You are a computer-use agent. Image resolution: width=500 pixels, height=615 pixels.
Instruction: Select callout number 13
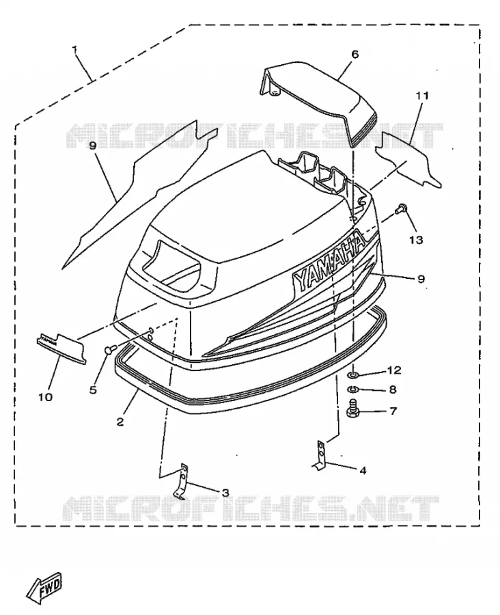[x=417, y=239]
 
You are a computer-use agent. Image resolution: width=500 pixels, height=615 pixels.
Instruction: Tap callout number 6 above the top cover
[x=355, y=54]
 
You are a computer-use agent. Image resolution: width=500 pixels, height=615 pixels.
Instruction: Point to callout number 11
[x=422, y=95]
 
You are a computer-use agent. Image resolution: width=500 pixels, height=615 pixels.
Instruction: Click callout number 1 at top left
[x=74, y=49]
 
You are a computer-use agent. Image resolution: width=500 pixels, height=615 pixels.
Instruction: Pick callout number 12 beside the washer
[x=394, y=370]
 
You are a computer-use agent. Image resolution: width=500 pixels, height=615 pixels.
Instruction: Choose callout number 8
[x=393, y=389]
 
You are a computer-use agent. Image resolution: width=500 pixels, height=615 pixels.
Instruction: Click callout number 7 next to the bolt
[x=393, y=411]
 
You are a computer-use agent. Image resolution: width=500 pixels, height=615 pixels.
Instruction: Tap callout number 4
[x=363, y=470]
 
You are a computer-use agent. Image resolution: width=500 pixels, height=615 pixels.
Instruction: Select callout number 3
[x=225, y=493]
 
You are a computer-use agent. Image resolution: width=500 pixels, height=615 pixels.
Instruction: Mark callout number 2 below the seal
[x=120, y=422]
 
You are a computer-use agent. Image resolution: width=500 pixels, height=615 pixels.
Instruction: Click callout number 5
[x=93, y=390]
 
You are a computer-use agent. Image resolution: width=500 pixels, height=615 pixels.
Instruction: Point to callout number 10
[x=46, y=397]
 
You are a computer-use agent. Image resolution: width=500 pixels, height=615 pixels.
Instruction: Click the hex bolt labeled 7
[x=351, y=409]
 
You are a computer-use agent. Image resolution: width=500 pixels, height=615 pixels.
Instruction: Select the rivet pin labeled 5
[x=110, y=349]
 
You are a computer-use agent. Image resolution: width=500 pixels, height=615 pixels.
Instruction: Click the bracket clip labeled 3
[x=181, y=482]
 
